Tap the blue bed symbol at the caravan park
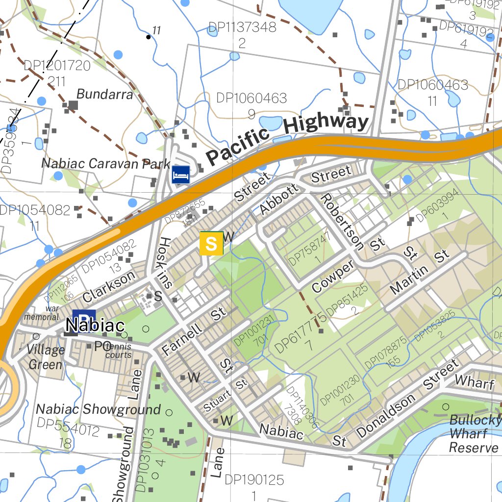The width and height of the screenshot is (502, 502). point(181,175)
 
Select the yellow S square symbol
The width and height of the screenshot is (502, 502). point(211,244)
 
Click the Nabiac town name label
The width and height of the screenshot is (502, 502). point(95,325)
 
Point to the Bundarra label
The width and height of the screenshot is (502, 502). point(105,94)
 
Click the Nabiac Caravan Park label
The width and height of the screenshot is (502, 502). point(106,163)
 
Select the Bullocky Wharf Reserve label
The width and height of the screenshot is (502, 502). point(475,434)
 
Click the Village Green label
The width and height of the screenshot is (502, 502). point(46,357)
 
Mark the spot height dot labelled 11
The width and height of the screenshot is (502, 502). point(149,37)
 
